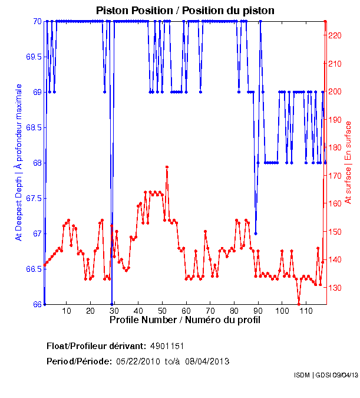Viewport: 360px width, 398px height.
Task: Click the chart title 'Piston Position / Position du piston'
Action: coord(185,11)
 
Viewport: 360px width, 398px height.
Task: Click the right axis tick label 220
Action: coord(335,35)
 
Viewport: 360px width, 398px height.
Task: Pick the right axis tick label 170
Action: coord(335,176)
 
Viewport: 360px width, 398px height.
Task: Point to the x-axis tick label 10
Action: coord(67,311)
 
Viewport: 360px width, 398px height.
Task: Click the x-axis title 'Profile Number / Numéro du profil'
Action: coord(185,320)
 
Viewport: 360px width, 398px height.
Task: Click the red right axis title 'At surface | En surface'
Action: coord(348,163)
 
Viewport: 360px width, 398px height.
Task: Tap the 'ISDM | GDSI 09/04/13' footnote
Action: coord(326,375)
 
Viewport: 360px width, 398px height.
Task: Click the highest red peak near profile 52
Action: coord(167,167)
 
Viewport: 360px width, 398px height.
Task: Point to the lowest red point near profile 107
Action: coord(299,304)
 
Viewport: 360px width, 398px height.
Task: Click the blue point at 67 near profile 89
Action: coord(256,233)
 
